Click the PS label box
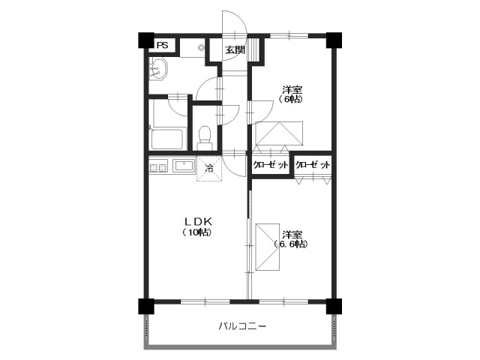(x=162, y=45)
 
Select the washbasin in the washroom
(x=158, y=73)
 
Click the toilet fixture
(x=204, y=136)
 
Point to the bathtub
(x=167, y=139)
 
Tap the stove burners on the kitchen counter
(x=158, y=167)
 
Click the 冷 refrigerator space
(x=209, y=169)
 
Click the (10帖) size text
(x=196, y=232)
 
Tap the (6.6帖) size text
(x=290, y=244)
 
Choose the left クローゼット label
(x=271, y=166)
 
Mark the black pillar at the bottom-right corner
(x=334, y=306)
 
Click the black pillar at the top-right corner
(x=334, y=40)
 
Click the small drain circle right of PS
(x=201, y=47)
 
